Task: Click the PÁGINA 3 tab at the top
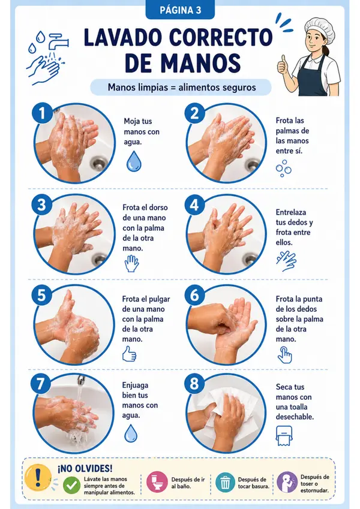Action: (180, 10)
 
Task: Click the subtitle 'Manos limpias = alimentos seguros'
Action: (182, 88)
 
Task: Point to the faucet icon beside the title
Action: (58, 41)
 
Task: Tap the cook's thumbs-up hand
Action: (283, 65)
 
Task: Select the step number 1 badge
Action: (42, 113)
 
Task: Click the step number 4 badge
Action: (194, 205)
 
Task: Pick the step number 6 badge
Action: (194, 296)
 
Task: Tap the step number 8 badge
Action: (194, 383)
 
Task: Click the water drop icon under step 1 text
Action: (134, 161)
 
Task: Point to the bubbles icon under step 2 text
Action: (283, 168)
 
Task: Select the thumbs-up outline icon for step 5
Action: (129, 354)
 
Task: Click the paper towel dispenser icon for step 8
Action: (284, 436)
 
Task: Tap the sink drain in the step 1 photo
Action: (98, 162)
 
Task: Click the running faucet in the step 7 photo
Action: (80, 380)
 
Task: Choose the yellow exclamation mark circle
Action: (38, 477)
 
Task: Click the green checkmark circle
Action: (71, 485)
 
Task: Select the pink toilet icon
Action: (157, 483)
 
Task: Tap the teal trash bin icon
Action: (225, 483)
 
